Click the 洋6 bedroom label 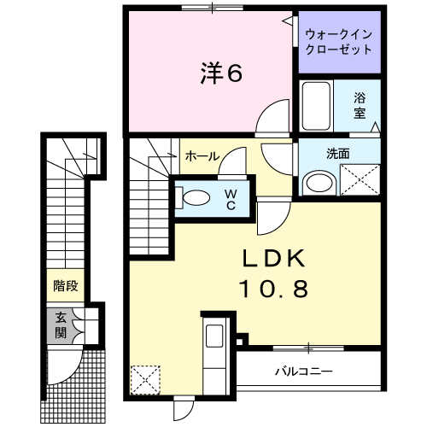coord(221,73)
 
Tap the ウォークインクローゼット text coord(339,42)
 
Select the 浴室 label coord(360,105)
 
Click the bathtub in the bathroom coord(316,106)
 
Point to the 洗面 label coord(338,154)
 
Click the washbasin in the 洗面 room coord(319,183)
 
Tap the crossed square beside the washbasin coord(360,180)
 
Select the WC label coord(231,200)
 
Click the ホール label coord(202,156)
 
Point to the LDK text coord(273,258)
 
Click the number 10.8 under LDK coord(274,289)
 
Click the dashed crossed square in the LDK coord(145,380)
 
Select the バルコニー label coord(304,371)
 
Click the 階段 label coord(66,285)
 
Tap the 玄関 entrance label coord(61,325)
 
